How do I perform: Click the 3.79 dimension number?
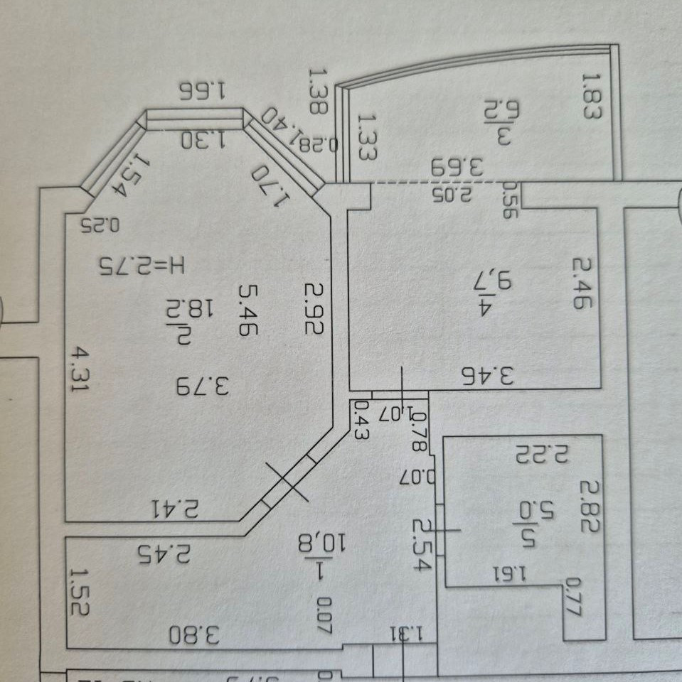click(203, 386)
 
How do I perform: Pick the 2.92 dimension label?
click(314, 309)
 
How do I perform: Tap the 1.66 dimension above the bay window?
click(200, 92)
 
